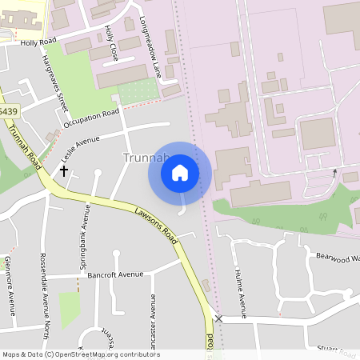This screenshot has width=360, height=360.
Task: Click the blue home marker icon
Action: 180,173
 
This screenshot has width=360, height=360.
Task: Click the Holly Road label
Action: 38,42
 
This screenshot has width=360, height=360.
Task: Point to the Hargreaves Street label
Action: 54,81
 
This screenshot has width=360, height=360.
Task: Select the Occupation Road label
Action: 91,117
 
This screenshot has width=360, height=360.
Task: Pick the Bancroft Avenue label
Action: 115,274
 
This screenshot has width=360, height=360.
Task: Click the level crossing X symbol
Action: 218,318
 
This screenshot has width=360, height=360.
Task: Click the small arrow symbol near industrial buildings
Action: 334,172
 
